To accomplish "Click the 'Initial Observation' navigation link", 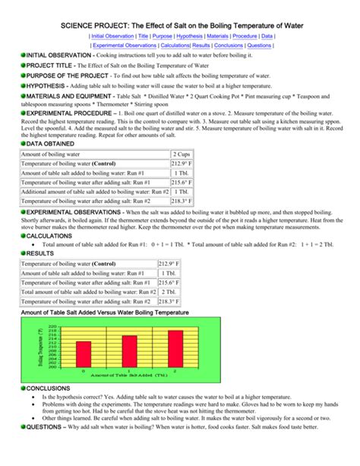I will [x=112, y=36].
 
